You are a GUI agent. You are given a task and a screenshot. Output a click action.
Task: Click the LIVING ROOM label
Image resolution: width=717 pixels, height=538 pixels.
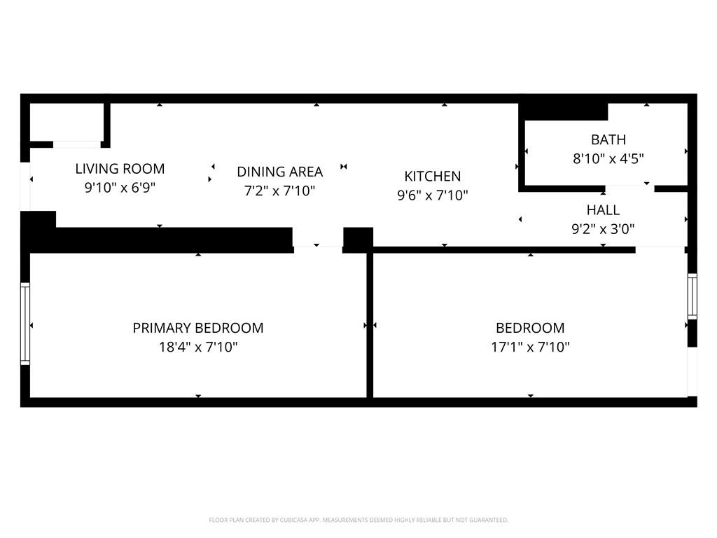tap(120, 169)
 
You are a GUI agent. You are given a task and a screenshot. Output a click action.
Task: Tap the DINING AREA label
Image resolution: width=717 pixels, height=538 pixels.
tap(280, 172)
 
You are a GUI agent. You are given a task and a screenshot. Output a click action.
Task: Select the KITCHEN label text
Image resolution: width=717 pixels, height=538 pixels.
tap(433, 176)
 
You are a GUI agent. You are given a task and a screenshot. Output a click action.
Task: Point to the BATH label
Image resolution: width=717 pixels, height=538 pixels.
tap(608, 139)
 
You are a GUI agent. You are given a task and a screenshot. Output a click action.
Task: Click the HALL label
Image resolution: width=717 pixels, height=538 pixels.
tap(603, 210)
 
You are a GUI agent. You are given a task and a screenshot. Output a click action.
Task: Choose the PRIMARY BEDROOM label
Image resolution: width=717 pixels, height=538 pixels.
tap(198, 328)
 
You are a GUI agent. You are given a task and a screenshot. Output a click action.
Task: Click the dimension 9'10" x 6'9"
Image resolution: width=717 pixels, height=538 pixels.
tap(120, 188)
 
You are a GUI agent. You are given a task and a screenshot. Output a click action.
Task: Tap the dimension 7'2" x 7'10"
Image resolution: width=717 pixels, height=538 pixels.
tap(280, 191)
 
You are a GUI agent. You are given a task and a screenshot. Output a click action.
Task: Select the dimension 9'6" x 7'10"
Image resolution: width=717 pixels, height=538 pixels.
tap(433, 195)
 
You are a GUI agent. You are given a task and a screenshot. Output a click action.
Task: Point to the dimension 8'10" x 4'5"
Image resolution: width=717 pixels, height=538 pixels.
tap(608, 159)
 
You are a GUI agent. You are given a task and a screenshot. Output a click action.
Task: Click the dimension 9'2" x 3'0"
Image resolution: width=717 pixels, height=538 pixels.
tap(603, 229)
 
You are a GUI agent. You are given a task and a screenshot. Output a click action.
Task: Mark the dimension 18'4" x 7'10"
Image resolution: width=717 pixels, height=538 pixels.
tap(198, 347)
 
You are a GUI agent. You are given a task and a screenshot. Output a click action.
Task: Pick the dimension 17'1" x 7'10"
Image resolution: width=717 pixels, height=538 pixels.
tap(531, 347)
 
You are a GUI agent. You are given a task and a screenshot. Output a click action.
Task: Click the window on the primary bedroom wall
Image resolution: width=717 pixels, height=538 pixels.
tap(25, 324)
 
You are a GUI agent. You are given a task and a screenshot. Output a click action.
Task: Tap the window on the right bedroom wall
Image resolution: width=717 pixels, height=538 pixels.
tap(692, 296)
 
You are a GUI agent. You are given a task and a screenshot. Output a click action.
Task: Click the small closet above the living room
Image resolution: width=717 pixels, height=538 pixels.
tap(67, 123)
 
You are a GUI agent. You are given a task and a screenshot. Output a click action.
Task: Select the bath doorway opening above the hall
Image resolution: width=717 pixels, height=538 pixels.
tap(629, 188)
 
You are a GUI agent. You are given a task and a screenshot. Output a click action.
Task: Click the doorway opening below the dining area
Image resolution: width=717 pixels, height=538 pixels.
tap(318, 240)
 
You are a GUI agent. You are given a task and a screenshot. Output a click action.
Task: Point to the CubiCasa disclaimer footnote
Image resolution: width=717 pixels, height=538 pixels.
tap(358, 520)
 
